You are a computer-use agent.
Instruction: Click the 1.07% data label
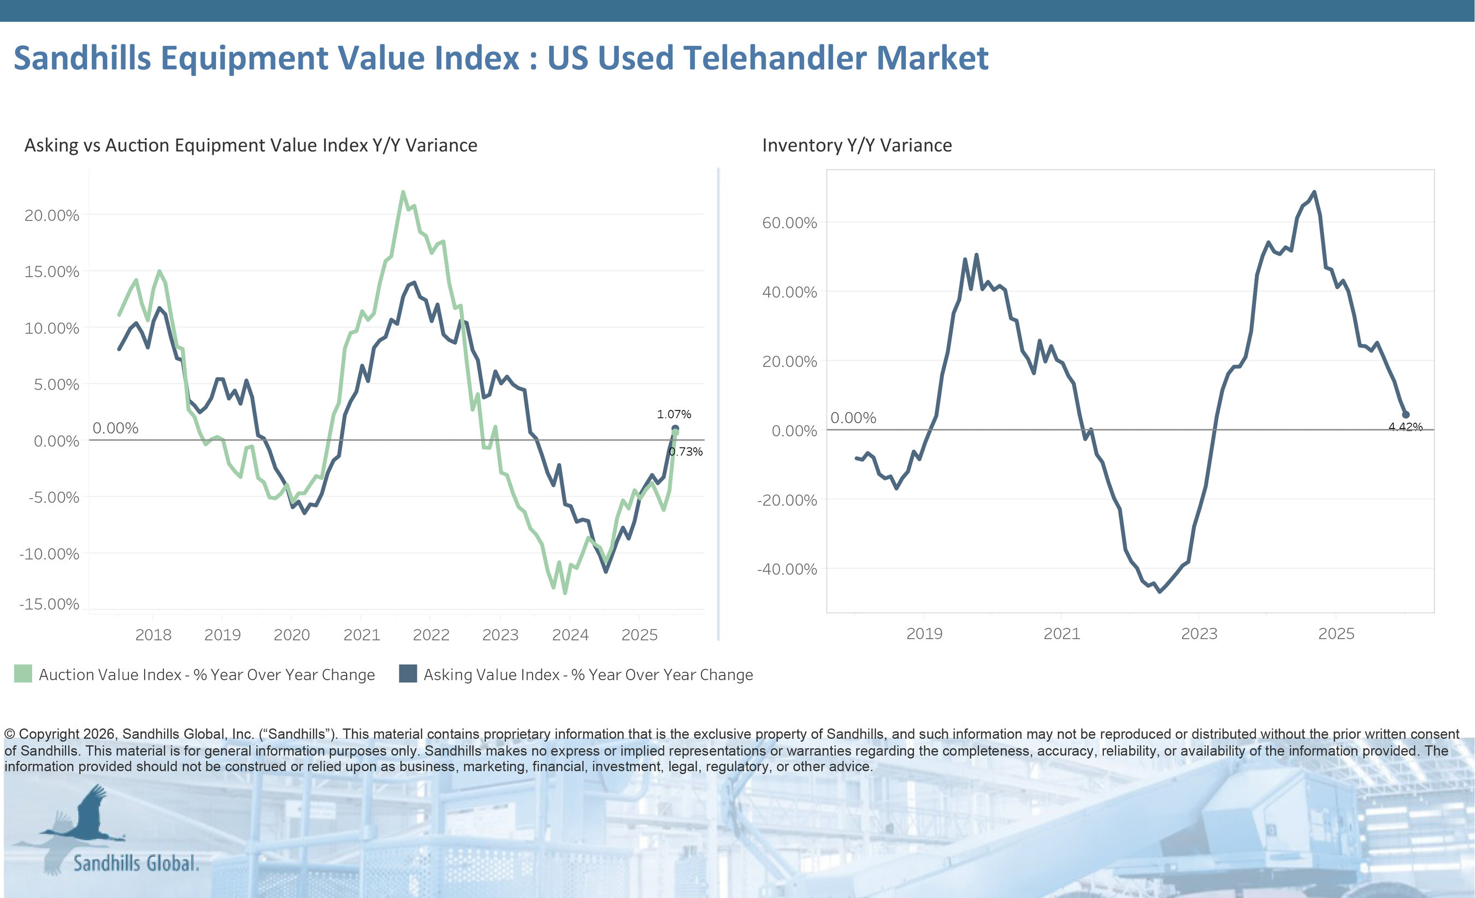tap(674, 414)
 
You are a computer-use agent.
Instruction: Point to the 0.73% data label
tap(686, 451)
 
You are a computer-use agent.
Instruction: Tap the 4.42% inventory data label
tap(1405, 426)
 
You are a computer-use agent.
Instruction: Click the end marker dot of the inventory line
tap(1406, 414)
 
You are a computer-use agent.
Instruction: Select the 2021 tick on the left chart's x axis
tap(362, 635)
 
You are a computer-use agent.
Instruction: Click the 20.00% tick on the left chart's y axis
tap(51, 216)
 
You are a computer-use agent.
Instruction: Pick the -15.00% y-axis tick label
tap(49, 604)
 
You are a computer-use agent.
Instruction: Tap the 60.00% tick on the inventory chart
tap(789, 223)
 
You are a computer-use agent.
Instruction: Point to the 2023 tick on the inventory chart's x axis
tap(1199, 634)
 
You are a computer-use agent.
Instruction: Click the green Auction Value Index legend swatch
tap(23, 674)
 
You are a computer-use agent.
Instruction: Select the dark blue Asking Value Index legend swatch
tap(408, 674)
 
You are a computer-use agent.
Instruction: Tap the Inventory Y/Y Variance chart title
tap(857, 145)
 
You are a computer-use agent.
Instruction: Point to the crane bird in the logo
tap(87, 817)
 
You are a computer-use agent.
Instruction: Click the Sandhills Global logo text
tap(136, 863)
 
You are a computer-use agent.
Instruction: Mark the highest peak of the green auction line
tap(403, 192)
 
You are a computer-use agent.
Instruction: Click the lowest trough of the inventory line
tap(1160, 591)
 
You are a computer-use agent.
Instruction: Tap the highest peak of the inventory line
tap(1314, 192)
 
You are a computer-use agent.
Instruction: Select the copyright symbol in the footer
tap(10, 734)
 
